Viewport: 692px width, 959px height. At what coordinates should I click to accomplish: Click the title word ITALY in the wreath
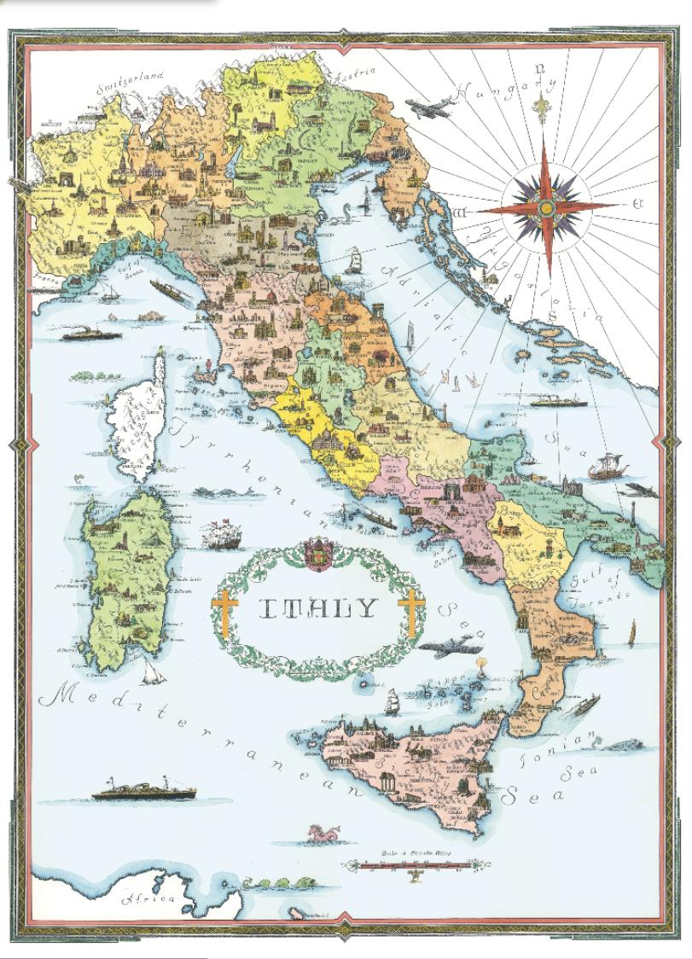tap(317, 608)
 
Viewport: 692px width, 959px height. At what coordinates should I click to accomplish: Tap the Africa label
tap(149, 898)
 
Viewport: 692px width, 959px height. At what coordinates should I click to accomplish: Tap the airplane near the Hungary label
tap(427, 109)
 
